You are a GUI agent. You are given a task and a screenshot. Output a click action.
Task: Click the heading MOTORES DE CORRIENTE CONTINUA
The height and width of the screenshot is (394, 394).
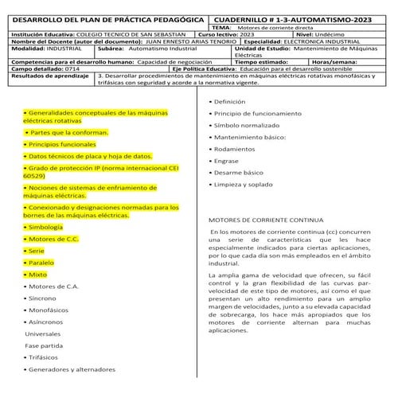[x=266, y=218]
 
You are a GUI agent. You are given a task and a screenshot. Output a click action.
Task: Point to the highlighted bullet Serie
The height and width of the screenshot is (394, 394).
[x=38, y=250]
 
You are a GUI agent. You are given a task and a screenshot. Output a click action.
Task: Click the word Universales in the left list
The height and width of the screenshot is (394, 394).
[x=45, y=334]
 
